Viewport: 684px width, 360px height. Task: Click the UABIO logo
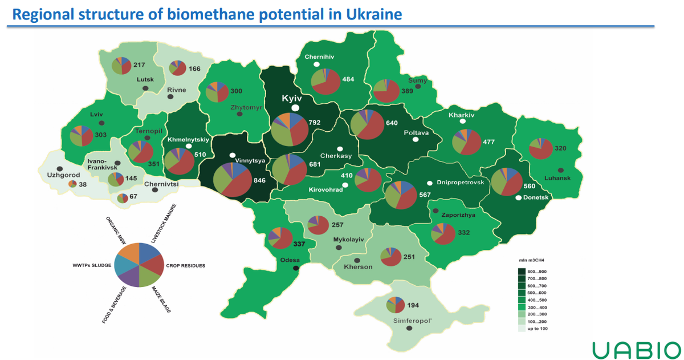636,349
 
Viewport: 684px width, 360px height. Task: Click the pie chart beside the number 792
290,129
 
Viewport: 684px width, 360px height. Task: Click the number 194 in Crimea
413,306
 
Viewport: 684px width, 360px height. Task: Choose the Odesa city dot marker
295,268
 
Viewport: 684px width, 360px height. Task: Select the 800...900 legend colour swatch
522,271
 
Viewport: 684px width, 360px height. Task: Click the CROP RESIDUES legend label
185,266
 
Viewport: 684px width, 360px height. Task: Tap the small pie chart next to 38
72,184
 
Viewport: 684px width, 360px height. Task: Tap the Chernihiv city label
319,56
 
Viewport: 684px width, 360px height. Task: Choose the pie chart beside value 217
121,65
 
